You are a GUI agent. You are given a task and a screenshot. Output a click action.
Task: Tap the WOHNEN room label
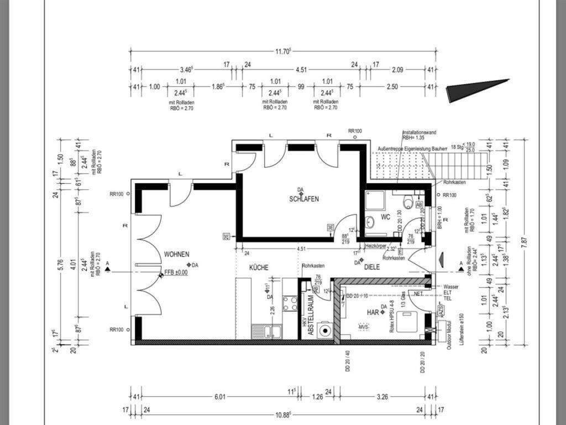coord(176,254)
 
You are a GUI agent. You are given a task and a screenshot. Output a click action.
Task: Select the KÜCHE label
coord(259,267)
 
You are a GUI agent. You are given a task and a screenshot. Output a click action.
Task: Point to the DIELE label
coord(376,267)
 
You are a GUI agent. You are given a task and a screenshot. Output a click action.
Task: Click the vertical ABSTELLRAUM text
coord(311,315)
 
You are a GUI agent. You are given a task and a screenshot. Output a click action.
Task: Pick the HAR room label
coord(373,313)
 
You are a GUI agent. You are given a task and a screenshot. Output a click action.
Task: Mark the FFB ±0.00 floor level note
coord(176,272)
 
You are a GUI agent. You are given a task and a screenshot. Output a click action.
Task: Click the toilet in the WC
coord(408,201)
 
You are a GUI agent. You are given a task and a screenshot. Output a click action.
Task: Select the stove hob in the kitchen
coord(290,303)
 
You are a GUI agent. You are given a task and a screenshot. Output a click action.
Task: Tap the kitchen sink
coord(266,331)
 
